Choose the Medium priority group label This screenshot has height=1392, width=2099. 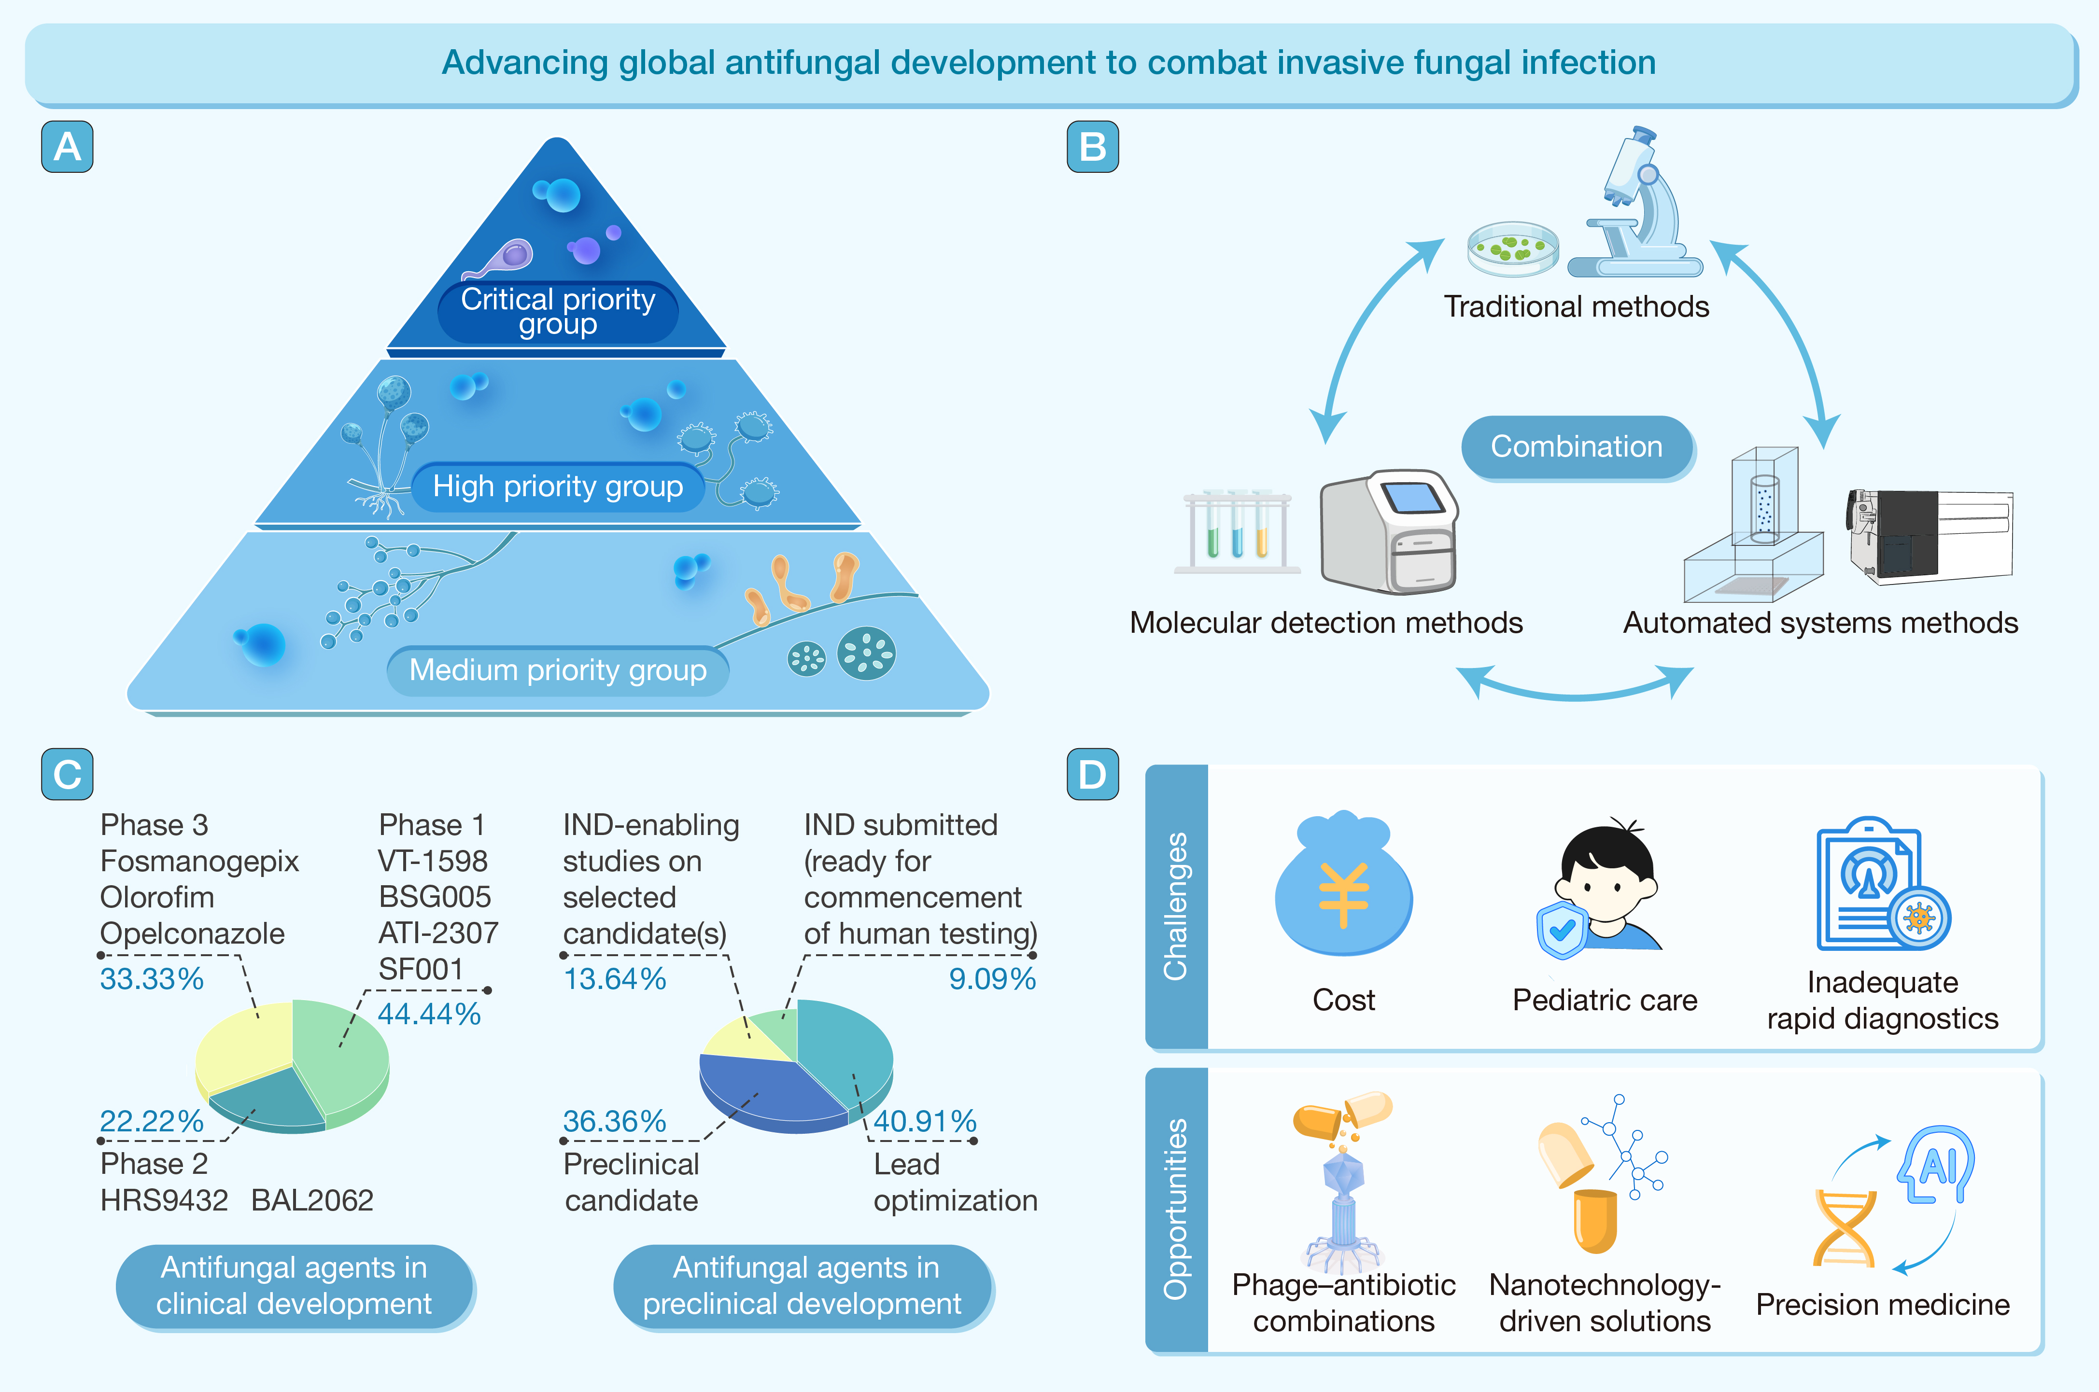click(x=558, y=670)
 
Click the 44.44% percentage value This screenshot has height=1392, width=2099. click(x=429, y=1014)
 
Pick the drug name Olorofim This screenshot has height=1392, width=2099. click(x=157, y=898)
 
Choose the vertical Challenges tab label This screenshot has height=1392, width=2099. click(x=1176, y=905)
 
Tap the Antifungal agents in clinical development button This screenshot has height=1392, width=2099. click(x=294, y=1285)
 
